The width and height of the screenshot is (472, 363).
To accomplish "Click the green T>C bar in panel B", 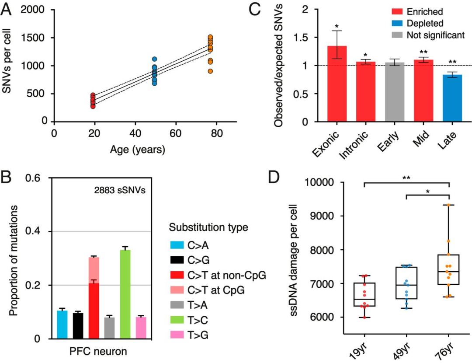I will click(x=125, y=294).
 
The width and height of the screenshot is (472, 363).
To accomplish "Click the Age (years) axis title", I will click(x=138, y=150).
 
